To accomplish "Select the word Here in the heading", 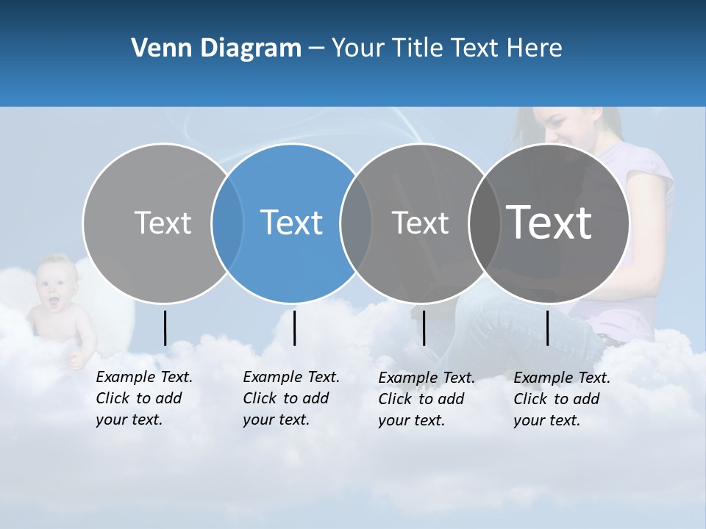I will pyautogui.click(x=535, y=48).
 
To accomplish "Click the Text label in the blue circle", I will pyautogui.click(x=291, y=223).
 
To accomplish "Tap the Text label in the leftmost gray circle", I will pyautogui.click(x=163, y=223).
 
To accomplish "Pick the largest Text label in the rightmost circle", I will pyautogui.click(x=549, y=223).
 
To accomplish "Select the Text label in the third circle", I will pyautogui.click(x=420, y=223).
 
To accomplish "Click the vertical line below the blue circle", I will pyautogui.click(x=294, y=328).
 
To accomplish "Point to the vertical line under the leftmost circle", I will pyautogui.click(x=165, y=328).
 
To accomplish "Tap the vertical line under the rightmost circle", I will pyautogui.click(x=547, y=328).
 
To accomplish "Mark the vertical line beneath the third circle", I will pyautogui.click(x=424, y=328).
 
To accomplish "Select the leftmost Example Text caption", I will pyautogui.click(x=144, y=398).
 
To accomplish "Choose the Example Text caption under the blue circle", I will pyautogui.click(x=291, y=398).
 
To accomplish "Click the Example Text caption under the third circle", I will pyautogui.click(x=427, y=399).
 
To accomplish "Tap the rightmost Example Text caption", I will pyautogui.click(x=562, y=399).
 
